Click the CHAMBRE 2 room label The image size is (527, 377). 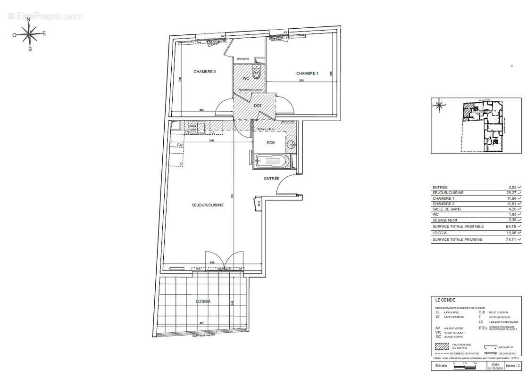pos(205,72)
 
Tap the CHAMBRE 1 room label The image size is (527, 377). pos(307,74)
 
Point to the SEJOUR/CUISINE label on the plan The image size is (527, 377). pos(208,205)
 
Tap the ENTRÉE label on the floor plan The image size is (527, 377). pos(272,179)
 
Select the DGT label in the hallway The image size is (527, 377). pos(258,106)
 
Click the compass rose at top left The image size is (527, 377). pos(29,34)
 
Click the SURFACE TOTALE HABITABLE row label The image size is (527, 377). pos(458,226)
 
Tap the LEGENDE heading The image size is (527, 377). pos(445,300)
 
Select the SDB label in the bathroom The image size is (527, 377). pos(270,143)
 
